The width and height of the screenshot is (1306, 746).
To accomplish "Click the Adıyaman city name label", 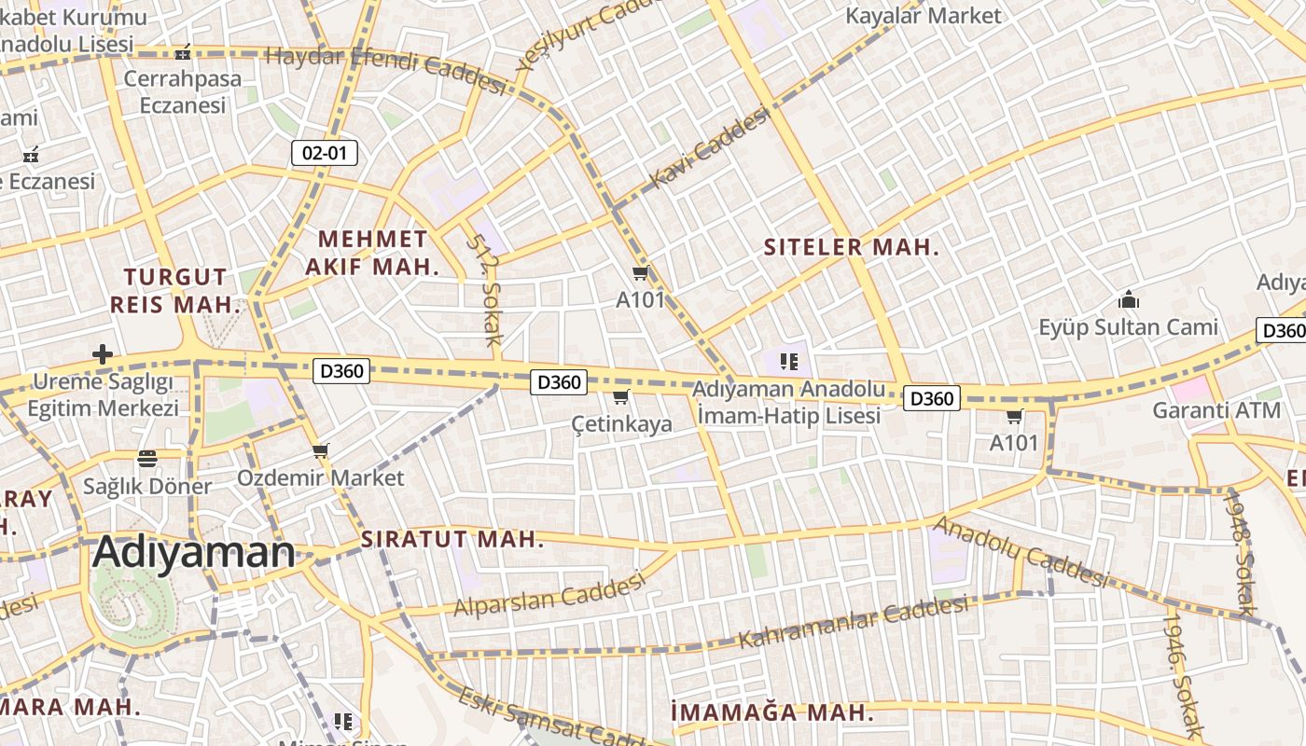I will click(194, 552).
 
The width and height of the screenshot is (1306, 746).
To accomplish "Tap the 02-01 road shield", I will click(325, 153).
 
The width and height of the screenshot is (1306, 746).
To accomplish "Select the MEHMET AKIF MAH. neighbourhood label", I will click(371, 253).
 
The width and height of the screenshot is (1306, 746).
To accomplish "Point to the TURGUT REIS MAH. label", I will click(175, 290).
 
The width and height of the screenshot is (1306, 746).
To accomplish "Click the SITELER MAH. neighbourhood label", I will click(851, 247).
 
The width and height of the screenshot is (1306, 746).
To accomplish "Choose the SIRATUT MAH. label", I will click(452, 539).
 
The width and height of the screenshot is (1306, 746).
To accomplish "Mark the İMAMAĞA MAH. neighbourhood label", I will click(771, 713).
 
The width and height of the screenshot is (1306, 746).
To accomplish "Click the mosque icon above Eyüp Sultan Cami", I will click(1129, 300).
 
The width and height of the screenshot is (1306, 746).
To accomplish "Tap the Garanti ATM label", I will click(1216, 410).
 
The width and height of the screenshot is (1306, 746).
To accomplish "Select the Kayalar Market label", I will click(923, 16).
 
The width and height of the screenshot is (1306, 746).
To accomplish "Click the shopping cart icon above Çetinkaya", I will click(621, 397).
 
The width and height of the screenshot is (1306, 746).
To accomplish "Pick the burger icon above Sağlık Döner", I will click(146, 459).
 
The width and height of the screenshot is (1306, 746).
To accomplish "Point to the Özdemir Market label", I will click(320, 478).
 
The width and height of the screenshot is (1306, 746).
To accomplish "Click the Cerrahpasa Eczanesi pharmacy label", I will click(183, 91).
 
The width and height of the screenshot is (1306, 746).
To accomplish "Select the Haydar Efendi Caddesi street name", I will click(385, 68).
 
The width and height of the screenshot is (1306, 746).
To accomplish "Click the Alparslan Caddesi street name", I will click(549, 594).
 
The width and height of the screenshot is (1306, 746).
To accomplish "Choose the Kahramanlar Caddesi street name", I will click(854, 622).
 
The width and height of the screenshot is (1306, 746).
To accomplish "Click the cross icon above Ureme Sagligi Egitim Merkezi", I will click(103, 354).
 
